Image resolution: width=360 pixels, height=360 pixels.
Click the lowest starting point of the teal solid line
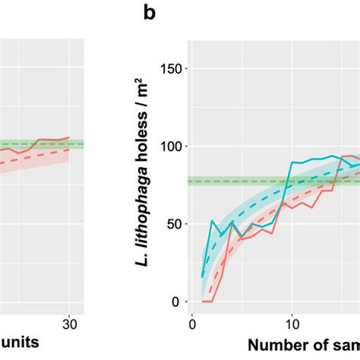pos(202,277)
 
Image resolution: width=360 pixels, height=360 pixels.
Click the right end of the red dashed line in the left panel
pos(69,149)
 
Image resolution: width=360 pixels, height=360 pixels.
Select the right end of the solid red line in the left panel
pos(69,137)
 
